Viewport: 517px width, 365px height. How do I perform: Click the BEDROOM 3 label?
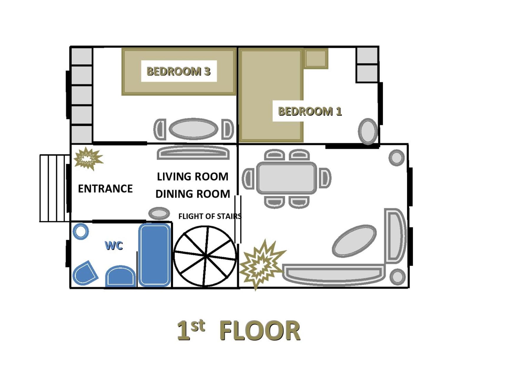(x=179, y=71)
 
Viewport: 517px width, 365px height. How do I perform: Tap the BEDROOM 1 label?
(x=310, y=111)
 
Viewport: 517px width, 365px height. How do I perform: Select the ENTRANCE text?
(x=105, y=189)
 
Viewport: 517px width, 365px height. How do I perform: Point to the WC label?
(x=114, y=245)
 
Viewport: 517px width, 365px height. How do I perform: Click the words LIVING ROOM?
(x=192, y=176)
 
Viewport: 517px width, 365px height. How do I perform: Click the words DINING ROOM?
(x=193, y=194)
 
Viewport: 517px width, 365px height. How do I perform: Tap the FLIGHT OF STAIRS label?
(x=210, y=216)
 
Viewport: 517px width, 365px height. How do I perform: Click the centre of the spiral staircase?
(x=205, y=256)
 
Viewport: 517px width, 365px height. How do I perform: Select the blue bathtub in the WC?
(x=154, y=255)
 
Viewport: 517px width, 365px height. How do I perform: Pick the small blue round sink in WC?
(x=80, y=231)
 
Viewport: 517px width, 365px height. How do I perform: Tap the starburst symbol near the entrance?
(x=88, y=159)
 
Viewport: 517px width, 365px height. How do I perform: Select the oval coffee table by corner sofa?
(x=354, y=241)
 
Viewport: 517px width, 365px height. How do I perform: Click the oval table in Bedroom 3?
(x=193, y=129)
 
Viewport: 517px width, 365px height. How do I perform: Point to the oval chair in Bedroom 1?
(x=368, y=131)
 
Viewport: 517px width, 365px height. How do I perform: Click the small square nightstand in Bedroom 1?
(x=316, y=58)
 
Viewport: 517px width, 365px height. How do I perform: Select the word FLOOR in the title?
(x=260, y=331)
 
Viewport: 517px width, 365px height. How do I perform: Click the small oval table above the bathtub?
(x=159, y=214)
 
